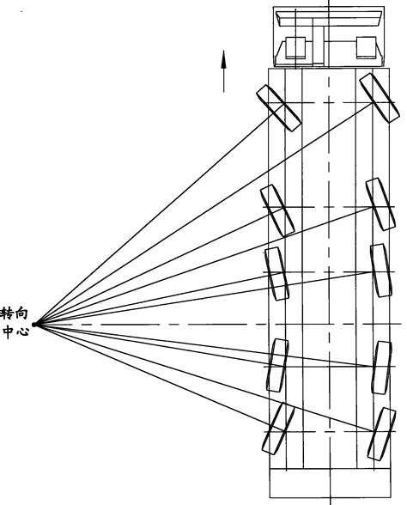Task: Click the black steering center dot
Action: [34, 325]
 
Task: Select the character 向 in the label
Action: [22, 313]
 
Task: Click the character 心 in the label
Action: [22, 332]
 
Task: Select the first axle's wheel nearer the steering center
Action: [278, 108]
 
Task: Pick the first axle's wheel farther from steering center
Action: [380, 98]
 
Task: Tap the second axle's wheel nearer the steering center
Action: [277, 210]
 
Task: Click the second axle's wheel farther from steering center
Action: [380, 204]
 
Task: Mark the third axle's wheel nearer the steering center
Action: [276, 274]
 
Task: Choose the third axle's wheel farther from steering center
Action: [381, 271]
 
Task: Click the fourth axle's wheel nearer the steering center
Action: [276, 365]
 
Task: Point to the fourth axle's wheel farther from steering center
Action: [381, 368]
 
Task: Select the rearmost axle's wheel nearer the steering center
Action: [278, 429]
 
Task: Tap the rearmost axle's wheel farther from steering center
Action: [381, 434]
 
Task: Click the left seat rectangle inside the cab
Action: [295, 48]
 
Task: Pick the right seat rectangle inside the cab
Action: [366, 48]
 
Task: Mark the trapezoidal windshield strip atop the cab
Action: [328, 19]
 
